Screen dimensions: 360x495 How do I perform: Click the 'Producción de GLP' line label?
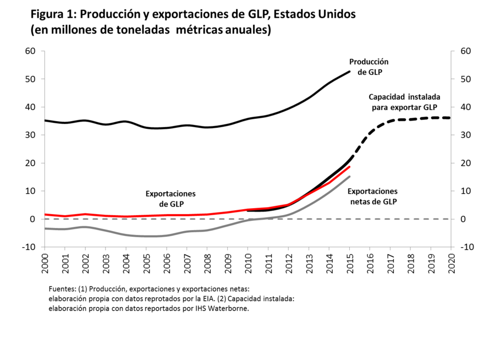pos(369,67)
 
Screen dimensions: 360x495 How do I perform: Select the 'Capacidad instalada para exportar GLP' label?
pos(404,101)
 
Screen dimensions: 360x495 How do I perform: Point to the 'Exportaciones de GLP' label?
pos(170,199)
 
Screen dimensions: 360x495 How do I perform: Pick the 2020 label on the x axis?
pos(451,263)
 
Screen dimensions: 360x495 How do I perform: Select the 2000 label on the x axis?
pos(45,263)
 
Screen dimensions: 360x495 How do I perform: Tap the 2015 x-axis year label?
pos(349,263)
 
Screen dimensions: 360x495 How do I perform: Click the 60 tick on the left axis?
pos(30,51)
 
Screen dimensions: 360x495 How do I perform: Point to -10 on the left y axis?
pos(29,247)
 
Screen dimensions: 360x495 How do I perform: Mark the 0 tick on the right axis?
pos(458,219)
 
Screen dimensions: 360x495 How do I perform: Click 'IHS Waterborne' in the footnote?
pos(225,308)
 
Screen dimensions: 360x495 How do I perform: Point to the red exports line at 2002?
pos(85,214)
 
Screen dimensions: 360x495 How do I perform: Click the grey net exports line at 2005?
pos(146,236)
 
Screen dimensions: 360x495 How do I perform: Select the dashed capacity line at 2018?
pos(410,119)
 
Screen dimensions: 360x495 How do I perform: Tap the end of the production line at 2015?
pos(349,72)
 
